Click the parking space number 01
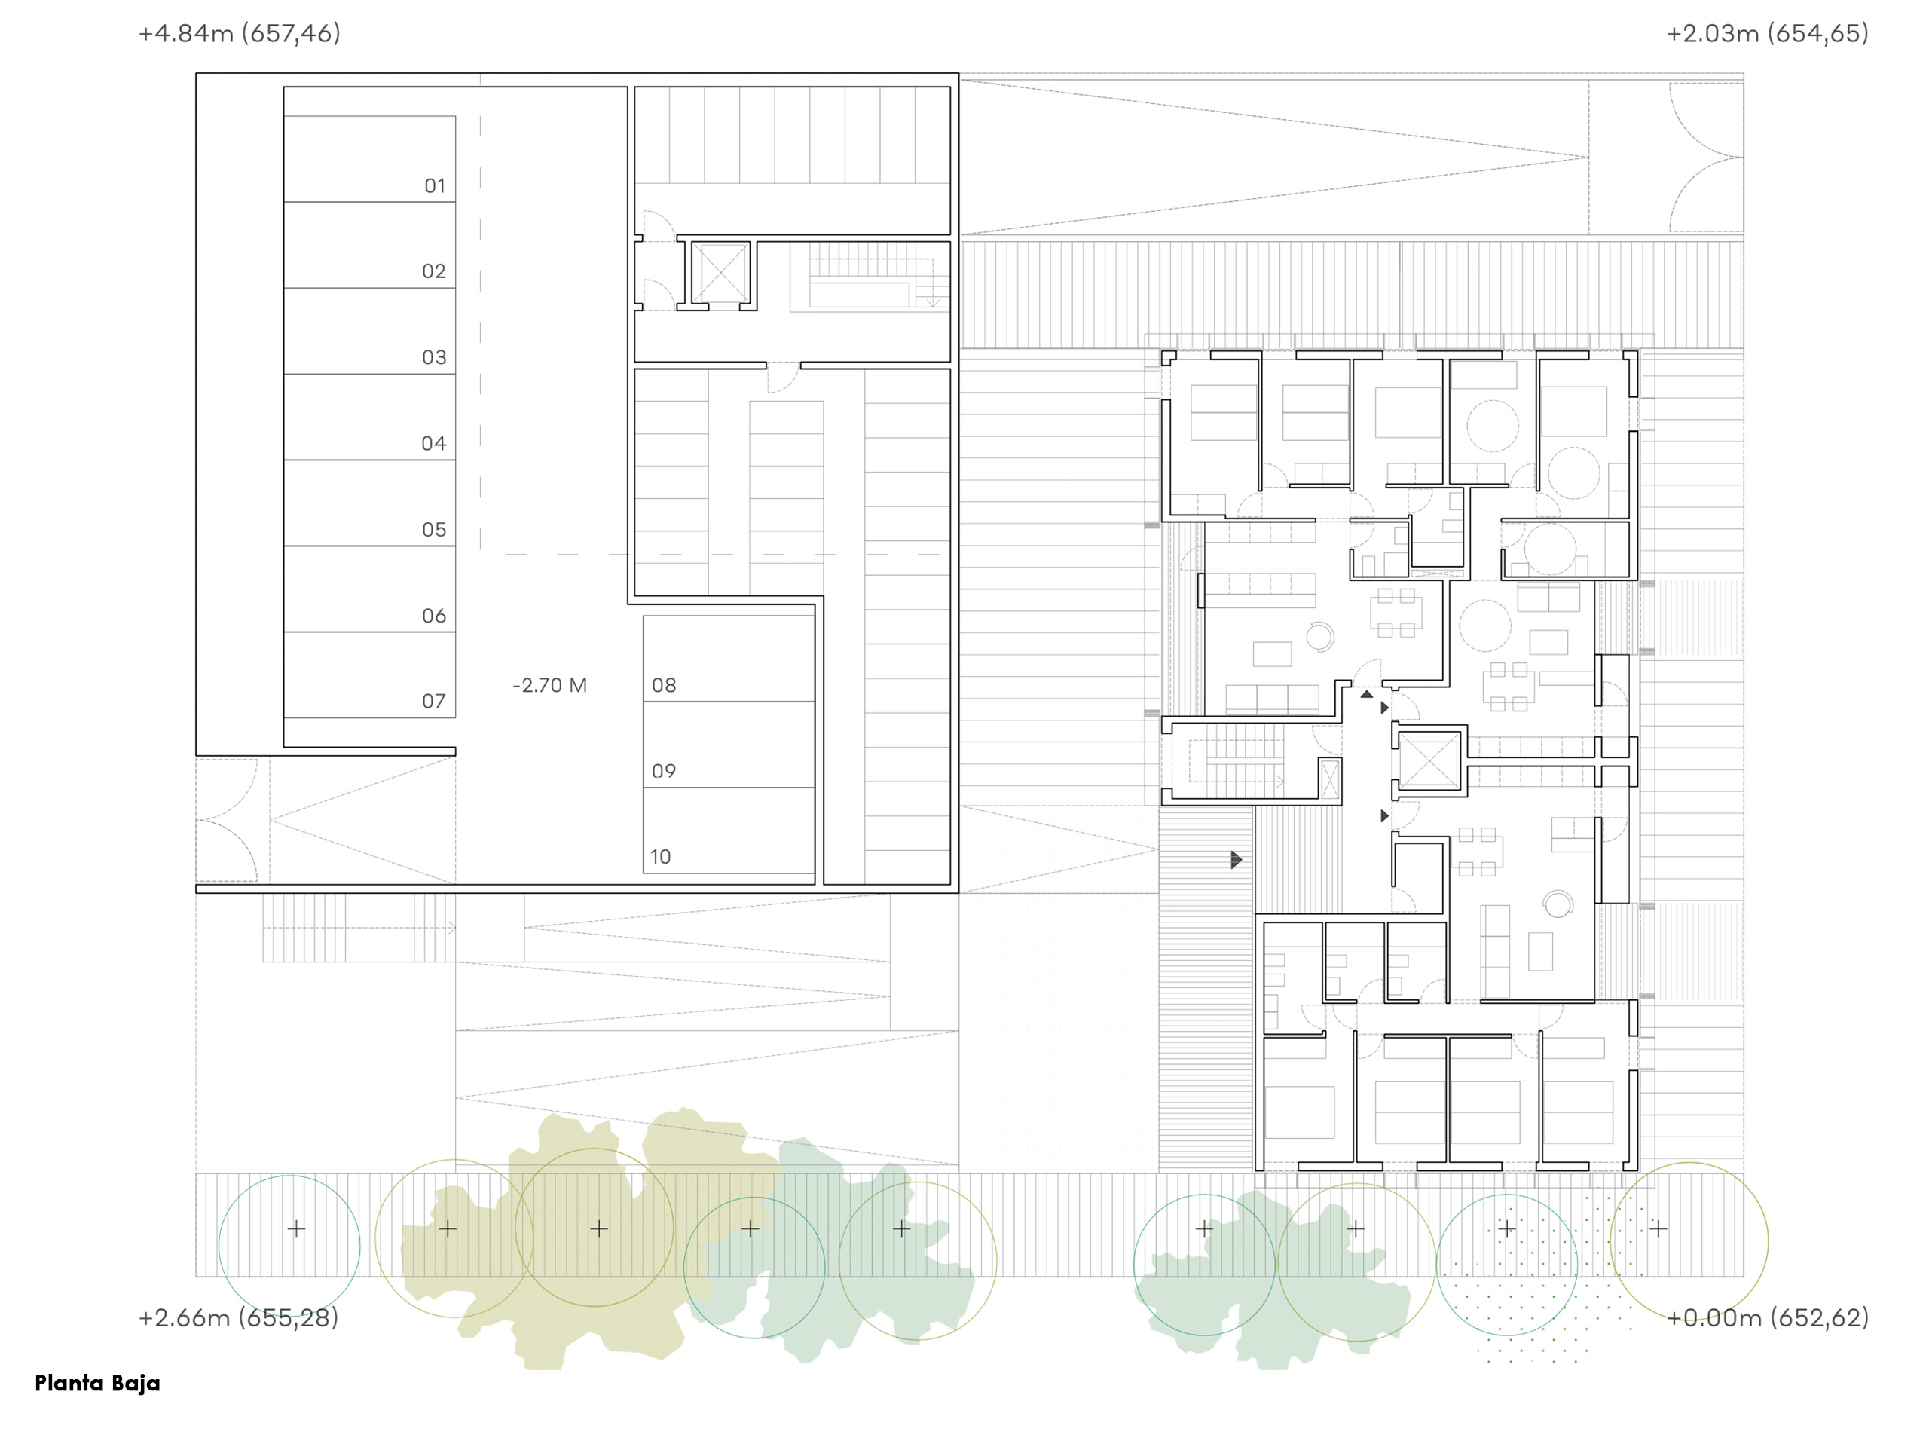pos(434,185)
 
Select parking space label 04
pos(433,444)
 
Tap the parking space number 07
pos(433,701)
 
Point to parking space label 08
pos(664,685)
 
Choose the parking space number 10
pos(660,857)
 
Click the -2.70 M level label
pos(549,685)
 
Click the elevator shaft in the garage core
pos(720,273)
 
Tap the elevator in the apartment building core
pos(1429,760)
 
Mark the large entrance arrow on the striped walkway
pos(1236,860)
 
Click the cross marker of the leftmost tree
pos(296,1228)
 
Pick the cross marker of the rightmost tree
pos(1658,1228)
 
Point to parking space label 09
pos(664,771)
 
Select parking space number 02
pos(433,271)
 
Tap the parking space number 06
pos(433,616)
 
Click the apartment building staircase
pos(1240,760)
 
